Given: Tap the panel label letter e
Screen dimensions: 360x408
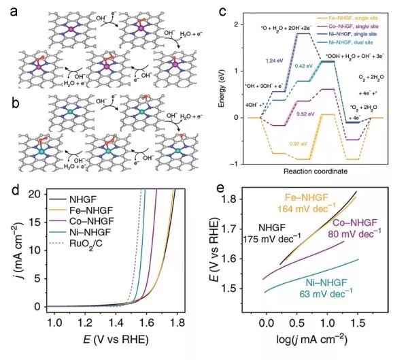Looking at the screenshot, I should point(220,186).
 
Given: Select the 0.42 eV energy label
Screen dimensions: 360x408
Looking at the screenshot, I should point(304,67).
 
